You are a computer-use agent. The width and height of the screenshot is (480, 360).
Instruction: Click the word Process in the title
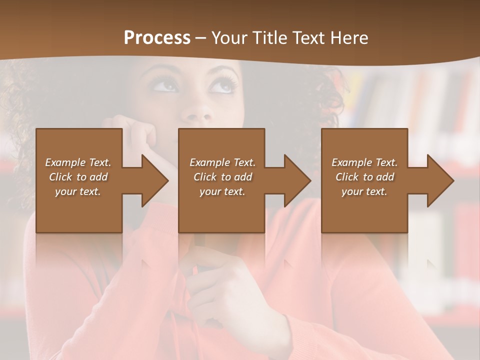(157, 37)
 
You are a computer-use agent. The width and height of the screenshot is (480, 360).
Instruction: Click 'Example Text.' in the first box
(78, 162)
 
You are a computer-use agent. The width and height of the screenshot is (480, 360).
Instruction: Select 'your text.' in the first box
(78, 191)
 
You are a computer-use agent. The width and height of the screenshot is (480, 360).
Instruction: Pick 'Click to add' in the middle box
(222, 177)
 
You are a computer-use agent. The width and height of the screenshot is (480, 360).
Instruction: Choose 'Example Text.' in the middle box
(222, 162)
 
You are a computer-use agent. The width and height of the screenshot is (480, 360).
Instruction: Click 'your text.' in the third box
(364, 191)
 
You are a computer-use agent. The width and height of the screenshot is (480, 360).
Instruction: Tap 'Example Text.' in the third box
(364, 162)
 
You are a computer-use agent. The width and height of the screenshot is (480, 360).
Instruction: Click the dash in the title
(201, 38)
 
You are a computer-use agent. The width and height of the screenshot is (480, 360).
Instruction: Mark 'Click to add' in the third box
(364, 177)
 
